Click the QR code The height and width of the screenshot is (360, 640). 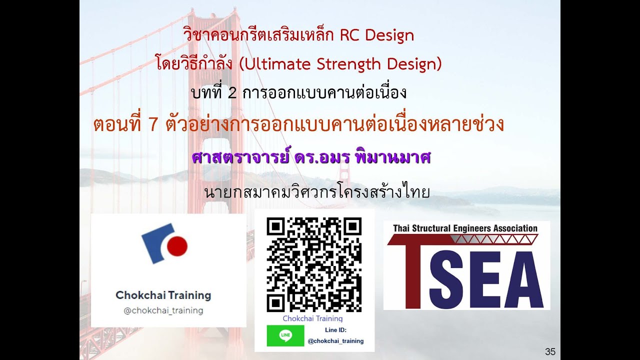click(x=313, y=264)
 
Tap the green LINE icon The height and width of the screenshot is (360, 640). click(x=285, y=335)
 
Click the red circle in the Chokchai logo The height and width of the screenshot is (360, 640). click(x=176, y=246)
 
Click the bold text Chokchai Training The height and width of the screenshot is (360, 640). click(x=163, y=295)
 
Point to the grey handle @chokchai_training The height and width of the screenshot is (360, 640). click(x=163, y=310)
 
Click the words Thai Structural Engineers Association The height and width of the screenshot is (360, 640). click(x=465, y=228)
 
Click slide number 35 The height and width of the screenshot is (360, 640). click(x=550, y=351)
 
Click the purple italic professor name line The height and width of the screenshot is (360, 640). click(x=311, y=157)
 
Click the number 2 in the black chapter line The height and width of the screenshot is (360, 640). click(x=232, y=93)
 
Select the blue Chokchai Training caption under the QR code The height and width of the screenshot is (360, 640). click(x=312, y=318)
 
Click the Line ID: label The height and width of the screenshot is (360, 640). click(x=335, y=330)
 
